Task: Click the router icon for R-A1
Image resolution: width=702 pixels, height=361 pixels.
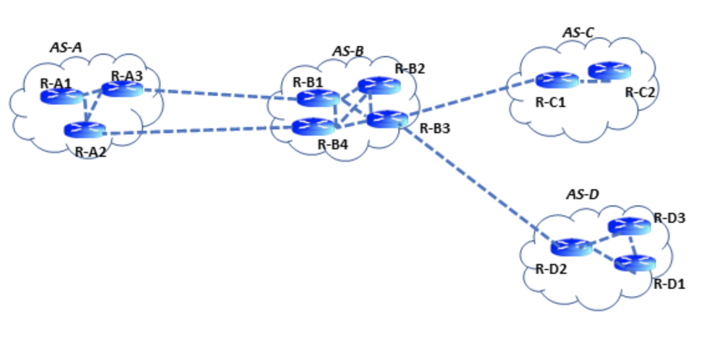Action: click(x=62, y=96)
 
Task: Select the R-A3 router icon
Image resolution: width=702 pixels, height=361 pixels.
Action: click(x=122, y=89)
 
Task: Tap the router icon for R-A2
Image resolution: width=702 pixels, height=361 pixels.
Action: click(x=85, y=130)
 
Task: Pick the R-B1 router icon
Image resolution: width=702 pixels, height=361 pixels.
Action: click(x=317, y=98)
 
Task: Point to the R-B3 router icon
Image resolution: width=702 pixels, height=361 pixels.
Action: click(x=386, y=118)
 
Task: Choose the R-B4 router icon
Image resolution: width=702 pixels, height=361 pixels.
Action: click(x=313, y=127)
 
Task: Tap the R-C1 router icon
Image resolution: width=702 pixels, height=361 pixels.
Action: click(x=556, y=80)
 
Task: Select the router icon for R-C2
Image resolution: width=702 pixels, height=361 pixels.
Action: click(x=609, y=70)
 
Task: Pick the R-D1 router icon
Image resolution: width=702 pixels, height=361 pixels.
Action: click(x=635, y=263)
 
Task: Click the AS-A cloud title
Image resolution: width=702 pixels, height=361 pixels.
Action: click(x=66, y=47)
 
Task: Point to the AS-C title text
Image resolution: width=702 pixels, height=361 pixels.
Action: click(x=578, y=32)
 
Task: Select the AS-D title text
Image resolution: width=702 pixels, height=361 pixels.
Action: click(x=582, y=195)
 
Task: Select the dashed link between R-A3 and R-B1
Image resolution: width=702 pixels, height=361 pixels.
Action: click(x=218, y=93)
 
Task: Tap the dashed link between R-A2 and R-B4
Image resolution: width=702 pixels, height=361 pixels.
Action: click(x=199, y=130)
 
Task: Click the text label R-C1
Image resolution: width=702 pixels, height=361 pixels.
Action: click(x=550, y=102)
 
